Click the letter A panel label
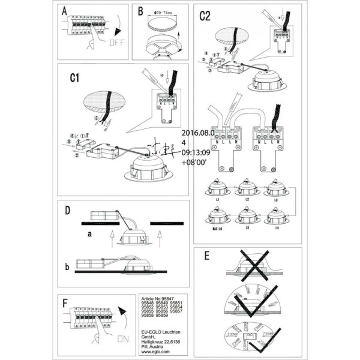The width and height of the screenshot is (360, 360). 65,13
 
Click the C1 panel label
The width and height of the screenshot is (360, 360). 75,78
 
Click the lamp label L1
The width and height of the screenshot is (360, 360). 218,198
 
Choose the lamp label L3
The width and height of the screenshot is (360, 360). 275,198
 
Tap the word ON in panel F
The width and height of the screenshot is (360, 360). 122,339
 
